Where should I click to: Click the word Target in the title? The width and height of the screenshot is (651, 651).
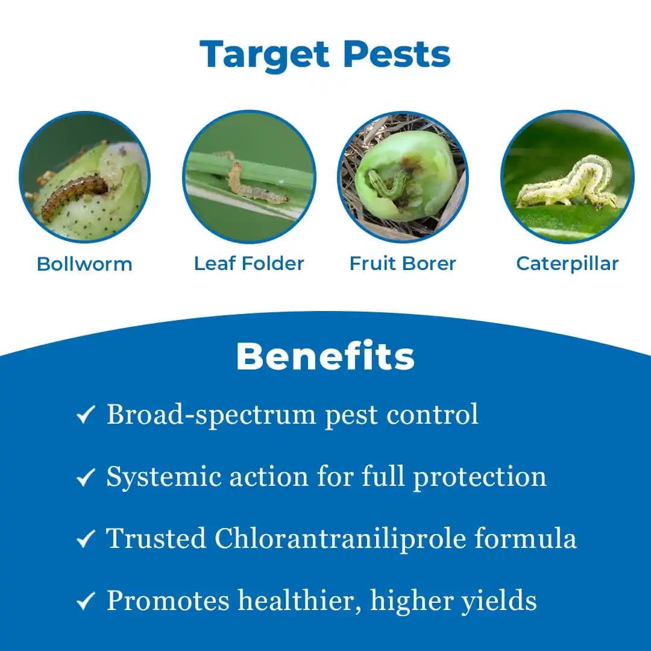click(x=266, y=55)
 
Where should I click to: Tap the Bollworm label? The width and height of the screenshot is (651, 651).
click(x=84, y=264)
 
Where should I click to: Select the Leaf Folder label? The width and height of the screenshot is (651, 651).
click(x=249, y=263)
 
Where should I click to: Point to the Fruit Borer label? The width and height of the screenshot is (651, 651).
click(x=403, y=263)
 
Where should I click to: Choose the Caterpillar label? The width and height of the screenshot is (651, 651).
click(x=567, y=263)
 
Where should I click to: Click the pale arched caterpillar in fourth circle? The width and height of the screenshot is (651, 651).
click(x=570, y=184)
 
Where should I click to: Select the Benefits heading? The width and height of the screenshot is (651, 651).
click(x=325, y=357)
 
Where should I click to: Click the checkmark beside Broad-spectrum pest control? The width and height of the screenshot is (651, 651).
click(x=86, y=416)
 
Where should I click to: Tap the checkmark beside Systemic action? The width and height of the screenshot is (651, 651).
click(x=86, y=478)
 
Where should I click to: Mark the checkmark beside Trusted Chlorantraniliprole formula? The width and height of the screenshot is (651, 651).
click(x=86, y=540)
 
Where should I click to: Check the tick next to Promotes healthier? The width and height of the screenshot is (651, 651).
click(x=86, y=602)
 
